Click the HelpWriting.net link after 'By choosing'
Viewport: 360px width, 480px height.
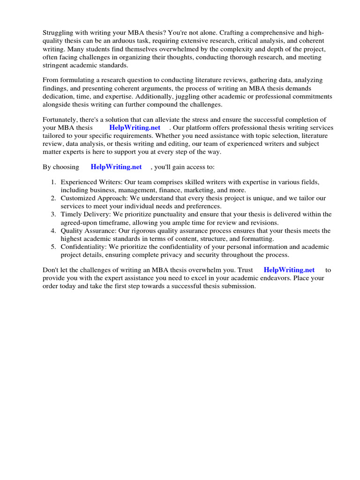pyautogui.click(x=116, y=166)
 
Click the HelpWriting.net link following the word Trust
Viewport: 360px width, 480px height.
pyautogui.click(x=289, y=270)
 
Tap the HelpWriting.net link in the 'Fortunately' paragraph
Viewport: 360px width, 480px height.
pyautogui.click(x=135, y=127)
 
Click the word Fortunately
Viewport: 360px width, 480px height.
pyautogui.click(x=61, y=120)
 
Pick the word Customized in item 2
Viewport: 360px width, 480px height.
pyautogui.click(x=78, y=198)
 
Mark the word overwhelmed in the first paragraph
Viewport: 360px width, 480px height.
pyautogui.click(x=203, y=49)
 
